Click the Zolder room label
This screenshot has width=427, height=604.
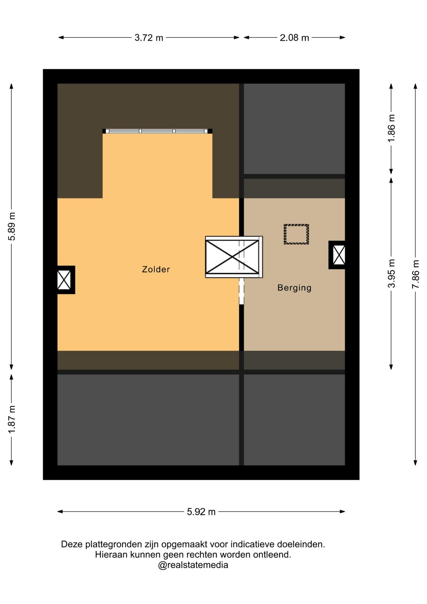click(156, 269)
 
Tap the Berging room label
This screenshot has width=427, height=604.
click(294, 288)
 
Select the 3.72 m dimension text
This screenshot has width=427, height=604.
click(149, 38)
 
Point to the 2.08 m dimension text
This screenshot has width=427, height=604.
click(294, 38)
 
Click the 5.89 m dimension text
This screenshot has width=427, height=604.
click(12, 226)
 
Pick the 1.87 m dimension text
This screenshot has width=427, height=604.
click(12, 419)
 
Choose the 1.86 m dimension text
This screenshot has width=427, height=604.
click(391, 128)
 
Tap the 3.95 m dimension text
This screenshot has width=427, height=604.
click(391, 273)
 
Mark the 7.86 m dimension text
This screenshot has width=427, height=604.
click(415, 274)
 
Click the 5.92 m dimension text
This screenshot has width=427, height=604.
click(201, 512)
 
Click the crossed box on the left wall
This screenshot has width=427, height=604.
click(64, 280)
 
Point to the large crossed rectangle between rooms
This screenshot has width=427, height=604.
click(232, 257)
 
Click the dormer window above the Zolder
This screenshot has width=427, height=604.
click(157, 131)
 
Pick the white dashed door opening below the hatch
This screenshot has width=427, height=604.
click(241, 291)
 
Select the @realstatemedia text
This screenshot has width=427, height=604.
click(193, 565)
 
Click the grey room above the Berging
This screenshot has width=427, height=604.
click(294, 129)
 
